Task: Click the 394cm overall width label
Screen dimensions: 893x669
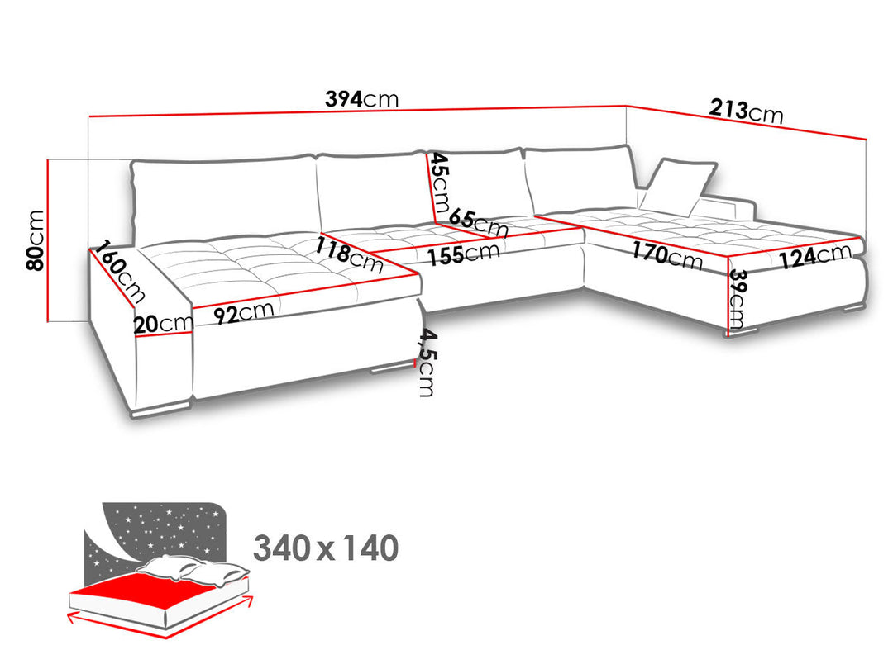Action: click(x=361, y=99)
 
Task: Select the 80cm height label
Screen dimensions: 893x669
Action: click(x=36, y=240)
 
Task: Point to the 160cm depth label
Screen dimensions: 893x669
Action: click(x=120, y=271)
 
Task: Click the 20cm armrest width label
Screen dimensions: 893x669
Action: click(x=164, y=324)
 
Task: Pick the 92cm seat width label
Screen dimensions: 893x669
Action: click(x=244, y=312)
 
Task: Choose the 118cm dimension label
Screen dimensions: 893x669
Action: click(x=349, y=255)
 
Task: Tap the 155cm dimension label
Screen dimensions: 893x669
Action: click(x=464, y=254)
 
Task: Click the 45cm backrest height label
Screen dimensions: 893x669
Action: click(x=440, y=181)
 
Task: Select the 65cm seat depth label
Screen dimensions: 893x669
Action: click(x=479, y=223)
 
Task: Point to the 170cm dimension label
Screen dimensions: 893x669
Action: click(x=667, y=254)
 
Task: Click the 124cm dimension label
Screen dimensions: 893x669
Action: click(x=815, y=255)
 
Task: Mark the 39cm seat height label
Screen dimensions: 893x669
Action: click(x=737, y=299)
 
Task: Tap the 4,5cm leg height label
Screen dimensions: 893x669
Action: click(x=427, y=363)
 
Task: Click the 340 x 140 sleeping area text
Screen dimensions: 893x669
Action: click(x=326, y=548)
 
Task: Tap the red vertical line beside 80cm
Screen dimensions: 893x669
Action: click(x=48, y=240)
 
